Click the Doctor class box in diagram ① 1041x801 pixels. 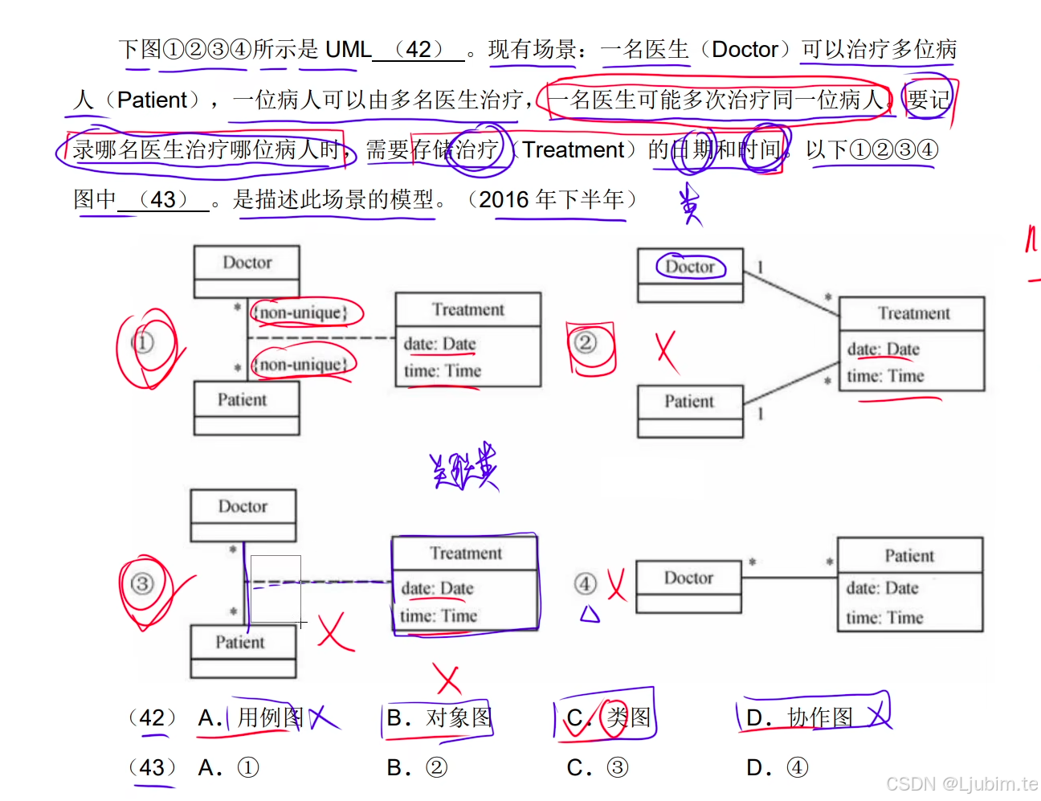coord(247,272)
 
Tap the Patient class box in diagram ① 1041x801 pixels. coord(247,408)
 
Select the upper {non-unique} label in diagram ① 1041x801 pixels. coord(301,313)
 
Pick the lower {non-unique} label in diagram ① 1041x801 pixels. coord(301,365)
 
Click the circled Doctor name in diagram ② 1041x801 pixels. coord(690,267)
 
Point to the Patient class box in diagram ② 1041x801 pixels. coord(690,411)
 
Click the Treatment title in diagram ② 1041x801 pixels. coord(912,313)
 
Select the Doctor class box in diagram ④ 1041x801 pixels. coord(688,586)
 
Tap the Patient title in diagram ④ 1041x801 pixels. coord(909,556)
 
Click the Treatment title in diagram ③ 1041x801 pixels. coord(465,554)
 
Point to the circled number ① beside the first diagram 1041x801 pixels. coord(142,343)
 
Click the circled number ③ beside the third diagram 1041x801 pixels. coord(142,584)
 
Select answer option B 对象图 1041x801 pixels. coord(439,717)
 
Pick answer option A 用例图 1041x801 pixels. coord(252,717)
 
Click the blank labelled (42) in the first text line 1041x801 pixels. coord(418,50)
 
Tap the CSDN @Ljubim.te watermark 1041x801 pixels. coord(961,783)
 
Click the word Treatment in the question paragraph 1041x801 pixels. coord(573,150)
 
